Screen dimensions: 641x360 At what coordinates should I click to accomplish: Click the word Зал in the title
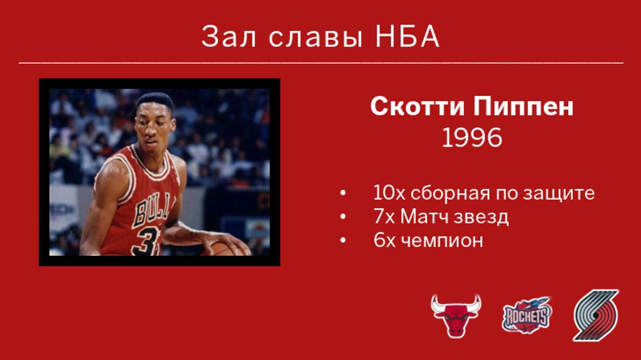pyautogui.click(x=228, y=36)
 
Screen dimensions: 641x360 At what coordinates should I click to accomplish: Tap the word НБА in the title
pyautogui.click(x=407, y=36)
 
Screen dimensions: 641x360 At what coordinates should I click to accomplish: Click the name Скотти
pyautogui.click(x=417, y=106)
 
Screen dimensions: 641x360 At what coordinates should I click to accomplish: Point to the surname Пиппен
pyautogui.click(x=523, y=106)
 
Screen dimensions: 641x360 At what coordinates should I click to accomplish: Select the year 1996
pyautogui.click(x=472, y=138)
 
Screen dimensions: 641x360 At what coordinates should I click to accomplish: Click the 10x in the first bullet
pyautogui.click(x=389, y=192)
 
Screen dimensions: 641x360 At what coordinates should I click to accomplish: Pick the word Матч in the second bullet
pyautogui.click(x=425, y=216)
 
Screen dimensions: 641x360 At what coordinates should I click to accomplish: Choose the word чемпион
pyautogui.click(x=442, y=241)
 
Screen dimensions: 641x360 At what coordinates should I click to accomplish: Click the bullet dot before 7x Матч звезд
pyautogui.click(x=343, y=216)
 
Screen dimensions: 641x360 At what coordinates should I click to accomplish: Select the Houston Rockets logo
pyautogui.click(x=527, y=315)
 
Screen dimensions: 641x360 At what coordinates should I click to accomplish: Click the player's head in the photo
pyautogui.click(x=155, y=121)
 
